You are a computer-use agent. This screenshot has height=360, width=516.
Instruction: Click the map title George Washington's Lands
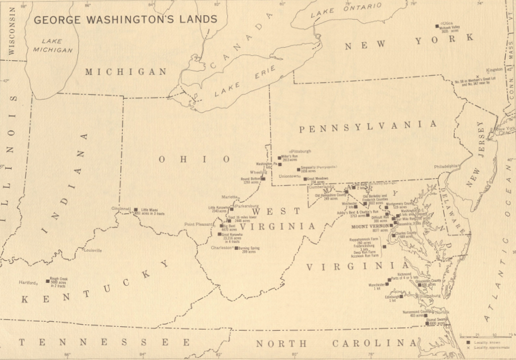[125, 20]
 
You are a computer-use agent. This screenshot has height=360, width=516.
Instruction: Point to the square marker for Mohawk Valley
[437, 26]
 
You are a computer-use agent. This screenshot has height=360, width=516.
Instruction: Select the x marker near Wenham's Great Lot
[477, 76]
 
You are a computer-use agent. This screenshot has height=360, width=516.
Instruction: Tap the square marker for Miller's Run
[279, 158]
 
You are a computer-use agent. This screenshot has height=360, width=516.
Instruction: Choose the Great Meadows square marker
[305, 179]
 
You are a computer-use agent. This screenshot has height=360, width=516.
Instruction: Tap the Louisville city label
[93, 249]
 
